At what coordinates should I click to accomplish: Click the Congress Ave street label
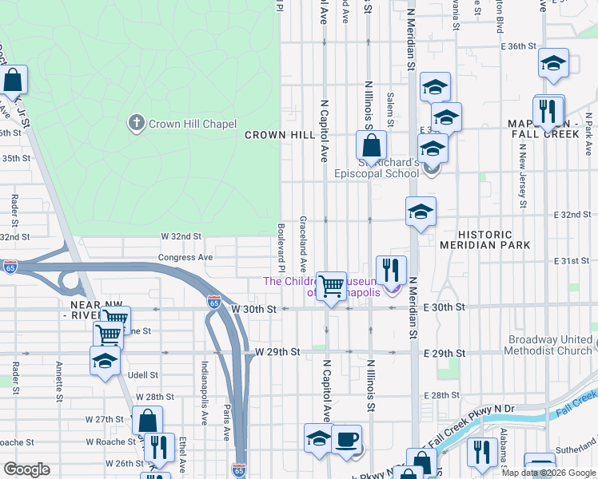[x=185, y=258]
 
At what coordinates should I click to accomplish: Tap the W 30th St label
[x=253, y=308]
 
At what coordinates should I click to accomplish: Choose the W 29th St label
[x=277, y=352]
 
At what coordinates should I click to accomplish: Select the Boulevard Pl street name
[x=281, y=245]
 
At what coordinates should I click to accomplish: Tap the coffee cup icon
[x=347, y=440]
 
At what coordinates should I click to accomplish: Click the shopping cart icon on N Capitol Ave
[x=331, y=285]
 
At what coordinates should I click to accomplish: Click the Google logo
[x=26, y=469]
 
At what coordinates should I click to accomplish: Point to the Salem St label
[x=391, y=107]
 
